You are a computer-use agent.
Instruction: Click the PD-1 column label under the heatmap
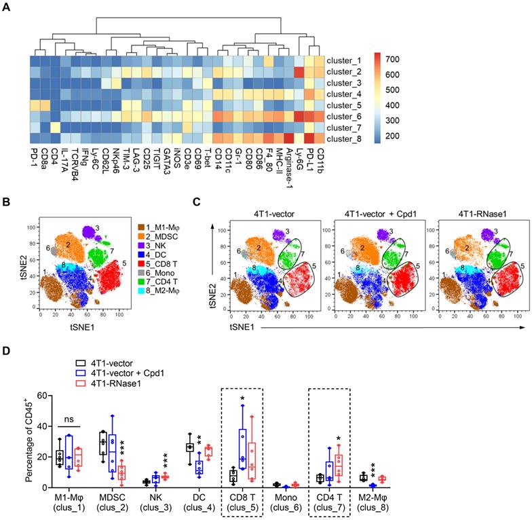35,157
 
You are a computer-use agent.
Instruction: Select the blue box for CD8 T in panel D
241,448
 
